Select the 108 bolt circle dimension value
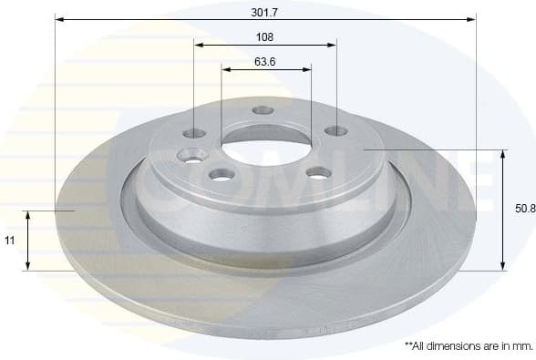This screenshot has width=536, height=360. [265, 37]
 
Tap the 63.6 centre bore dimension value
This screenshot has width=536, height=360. [265, 63]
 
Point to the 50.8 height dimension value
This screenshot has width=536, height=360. [524, 209]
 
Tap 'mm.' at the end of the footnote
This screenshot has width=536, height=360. [521, 346]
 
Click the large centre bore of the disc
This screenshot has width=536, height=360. [265, 145]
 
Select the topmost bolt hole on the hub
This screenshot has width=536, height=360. [263, 110]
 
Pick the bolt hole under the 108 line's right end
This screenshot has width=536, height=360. [335, 130]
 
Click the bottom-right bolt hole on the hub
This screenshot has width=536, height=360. [317, 172]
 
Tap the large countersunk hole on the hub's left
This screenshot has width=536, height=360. [193, 155]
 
